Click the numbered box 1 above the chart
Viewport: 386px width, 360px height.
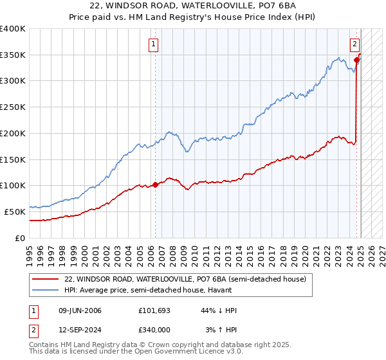point(154,44)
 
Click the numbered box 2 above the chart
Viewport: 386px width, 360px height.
point(354,44)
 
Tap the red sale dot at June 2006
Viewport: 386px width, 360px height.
point(155,184)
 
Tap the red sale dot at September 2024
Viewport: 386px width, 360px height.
point(356,60)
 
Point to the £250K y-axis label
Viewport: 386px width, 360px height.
point(13,107)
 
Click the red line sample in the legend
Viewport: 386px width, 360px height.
point(45,280)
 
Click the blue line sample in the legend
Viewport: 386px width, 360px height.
point(45,291)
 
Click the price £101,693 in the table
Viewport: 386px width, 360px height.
point(154,311)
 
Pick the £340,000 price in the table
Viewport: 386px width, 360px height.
point(154,330)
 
